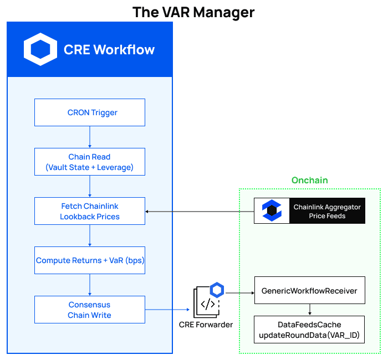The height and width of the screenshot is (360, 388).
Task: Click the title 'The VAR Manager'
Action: tap(193, 12)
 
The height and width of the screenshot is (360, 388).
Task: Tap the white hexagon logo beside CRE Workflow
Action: tap(40, 49)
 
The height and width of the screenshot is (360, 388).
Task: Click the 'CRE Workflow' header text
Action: tap(109, 49)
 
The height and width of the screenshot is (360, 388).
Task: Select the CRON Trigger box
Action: tap(90, 112)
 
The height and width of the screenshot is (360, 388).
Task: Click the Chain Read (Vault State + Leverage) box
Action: tap(90, 162)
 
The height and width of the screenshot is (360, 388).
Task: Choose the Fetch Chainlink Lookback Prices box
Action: tap(90, 211)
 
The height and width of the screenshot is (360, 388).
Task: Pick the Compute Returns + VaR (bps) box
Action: tap(90, 260)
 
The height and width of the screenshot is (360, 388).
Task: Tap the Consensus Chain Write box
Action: tap(90, 310)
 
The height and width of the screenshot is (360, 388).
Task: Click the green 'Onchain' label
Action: tap(309, 181)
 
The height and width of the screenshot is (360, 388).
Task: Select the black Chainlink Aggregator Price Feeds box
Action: tap(309, 211)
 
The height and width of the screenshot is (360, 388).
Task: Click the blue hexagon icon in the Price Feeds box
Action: tap(272, 211)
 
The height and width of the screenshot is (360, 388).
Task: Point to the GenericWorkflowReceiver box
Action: tap(309, 290)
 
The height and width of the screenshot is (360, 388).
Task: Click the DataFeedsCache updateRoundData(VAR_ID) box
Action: tap(309, 330)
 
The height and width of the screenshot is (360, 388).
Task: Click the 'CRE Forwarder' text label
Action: tap(206, 325)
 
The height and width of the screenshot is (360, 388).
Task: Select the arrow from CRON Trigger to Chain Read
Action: tap(90, 137)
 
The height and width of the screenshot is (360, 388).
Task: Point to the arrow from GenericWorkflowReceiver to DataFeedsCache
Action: tap(309, 310)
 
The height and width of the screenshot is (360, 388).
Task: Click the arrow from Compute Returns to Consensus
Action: tap(90, 285)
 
